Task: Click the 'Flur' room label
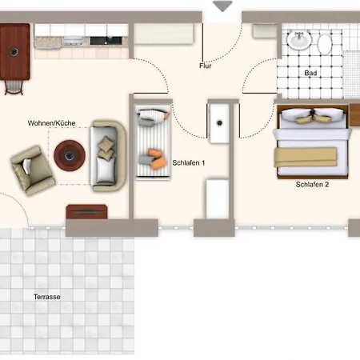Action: click(x=206, y=66)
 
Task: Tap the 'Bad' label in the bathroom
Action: click(x=310, y=73)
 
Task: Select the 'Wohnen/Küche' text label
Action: click(x=51, y=123)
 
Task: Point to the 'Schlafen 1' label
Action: click(x=189, y=162)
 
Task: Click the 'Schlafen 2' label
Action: click(x=312, y=184)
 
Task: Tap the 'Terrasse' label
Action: click(x=47, y=297)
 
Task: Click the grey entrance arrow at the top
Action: click(x=222, y=6)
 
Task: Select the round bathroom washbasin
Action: click(x=299, y=40)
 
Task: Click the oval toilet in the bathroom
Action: click(x=325, y=44)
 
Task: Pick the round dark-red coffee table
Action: click(x=70, y=155)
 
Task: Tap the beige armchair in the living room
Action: click(x=33, y=170)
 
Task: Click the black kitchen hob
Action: click(x=106, y=41)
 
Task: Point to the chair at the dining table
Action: click(x=14, y=87)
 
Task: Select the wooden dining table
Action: click(x=14, y=51)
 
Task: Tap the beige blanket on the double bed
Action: click(x=306, y=158)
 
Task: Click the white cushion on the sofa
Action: click(x=106, y=170)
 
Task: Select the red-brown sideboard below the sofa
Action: click(x=87, y=212)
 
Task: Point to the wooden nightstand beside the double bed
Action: click(x=354, y=115)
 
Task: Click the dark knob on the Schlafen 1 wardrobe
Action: click(x=219, y=123)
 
